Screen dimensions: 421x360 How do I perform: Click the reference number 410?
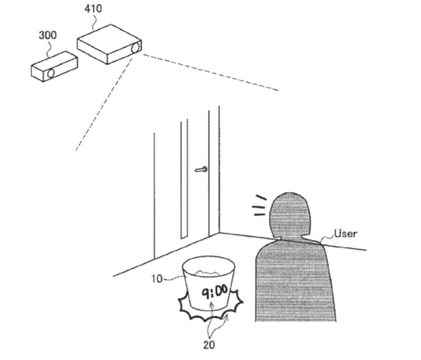(x=93, y=9)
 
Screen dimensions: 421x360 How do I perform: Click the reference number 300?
(x=48, y=35)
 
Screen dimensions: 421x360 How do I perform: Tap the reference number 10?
(x=157, y=279)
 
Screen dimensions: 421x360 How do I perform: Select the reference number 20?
(x=209, y=345)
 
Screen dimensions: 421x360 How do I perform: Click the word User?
(x=345, y=234)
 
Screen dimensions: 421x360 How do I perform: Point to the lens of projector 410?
(x=136, y=48)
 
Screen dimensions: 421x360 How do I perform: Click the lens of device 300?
(x=51, y=73)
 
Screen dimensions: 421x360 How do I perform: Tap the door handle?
(x=201, y=169)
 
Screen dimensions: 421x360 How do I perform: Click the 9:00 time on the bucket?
(x=215, y=292)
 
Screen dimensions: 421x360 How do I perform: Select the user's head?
(x=290, y=215)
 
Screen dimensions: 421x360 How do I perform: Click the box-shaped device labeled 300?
(x=54, y=66)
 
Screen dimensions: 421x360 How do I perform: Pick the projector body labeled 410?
(x=109, y=44)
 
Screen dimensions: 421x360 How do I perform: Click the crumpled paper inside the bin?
(x=208, y=273)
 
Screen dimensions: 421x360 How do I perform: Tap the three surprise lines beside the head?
(x=259, y=206)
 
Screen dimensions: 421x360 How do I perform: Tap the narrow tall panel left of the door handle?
(x=184, y=179)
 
